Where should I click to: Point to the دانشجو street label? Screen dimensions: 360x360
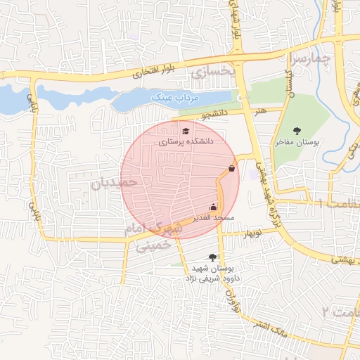coord(214,112)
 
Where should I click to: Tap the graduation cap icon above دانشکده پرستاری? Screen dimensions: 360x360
coord(186,131)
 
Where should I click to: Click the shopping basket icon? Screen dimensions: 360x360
coord(232,169)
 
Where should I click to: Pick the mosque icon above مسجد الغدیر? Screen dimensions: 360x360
coord(214,207)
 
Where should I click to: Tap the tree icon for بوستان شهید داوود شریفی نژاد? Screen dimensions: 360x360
coord(212,257)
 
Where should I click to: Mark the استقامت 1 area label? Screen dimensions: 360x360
coord(336,203)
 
